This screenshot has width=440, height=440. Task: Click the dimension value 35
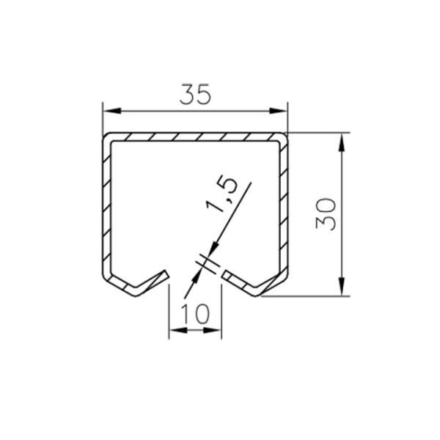point(194,95)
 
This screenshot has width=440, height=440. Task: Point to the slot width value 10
point(195,313)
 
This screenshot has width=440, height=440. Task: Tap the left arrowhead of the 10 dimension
point(177,331)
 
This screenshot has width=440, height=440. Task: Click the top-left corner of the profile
point(105,137)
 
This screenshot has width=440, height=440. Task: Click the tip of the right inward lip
point(223,274)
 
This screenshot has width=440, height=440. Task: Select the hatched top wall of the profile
point(194,138)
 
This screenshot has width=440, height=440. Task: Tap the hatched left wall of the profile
point(106,213)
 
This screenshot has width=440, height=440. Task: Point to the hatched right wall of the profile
point(284,213)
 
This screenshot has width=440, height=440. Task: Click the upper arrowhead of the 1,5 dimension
point(215,249)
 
